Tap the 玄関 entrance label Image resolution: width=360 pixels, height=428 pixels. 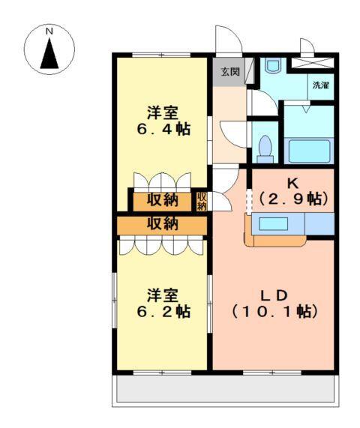(229, 72)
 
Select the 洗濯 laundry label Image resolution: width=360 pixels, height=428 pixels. (321, 85)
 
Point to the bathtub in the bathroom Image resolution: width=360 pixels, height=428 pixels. (308, 149)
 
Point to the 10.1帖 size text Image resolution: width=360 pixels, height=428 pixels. (273, 310)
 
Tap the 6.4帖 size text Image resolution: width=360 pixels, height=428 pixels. (163, 129)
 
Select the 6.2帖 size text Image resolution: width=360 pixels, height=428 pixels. (163, 310)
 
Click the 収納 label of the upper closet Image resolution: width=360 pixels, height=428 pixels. (162, 200)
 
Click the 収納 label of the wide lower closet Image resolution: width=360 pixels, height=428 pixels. (162, 223)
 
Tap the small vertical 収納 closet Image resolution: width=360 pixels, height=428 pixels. (202, 201)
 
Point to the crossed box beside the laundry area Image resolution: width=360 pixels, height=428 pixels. (313, 63)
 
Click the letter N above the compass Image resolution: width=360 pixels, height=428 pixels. (49, 32)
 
